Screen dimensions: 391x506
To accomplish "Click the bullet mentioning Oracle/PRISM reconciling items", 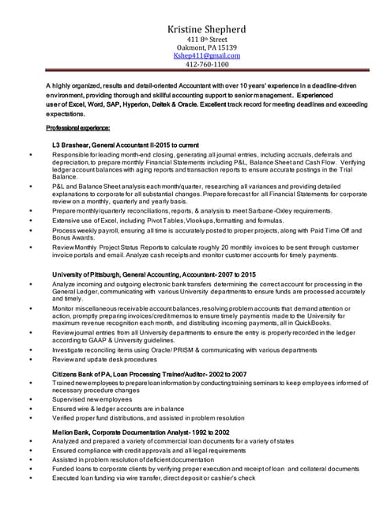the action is (x=184, y=349).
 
